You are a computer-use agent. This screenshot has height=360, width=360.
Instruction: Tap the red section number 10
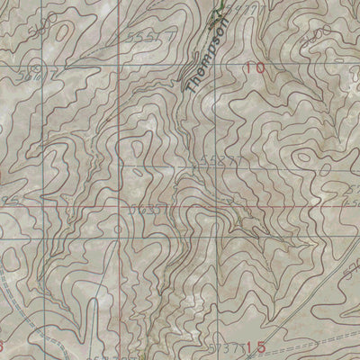coord(255,67)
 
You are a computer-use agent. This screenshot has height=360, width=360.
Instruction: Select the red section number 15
coord(255,346)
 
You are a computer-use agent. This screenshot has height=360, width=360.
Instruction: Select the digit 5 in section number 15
coord(260,346)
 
